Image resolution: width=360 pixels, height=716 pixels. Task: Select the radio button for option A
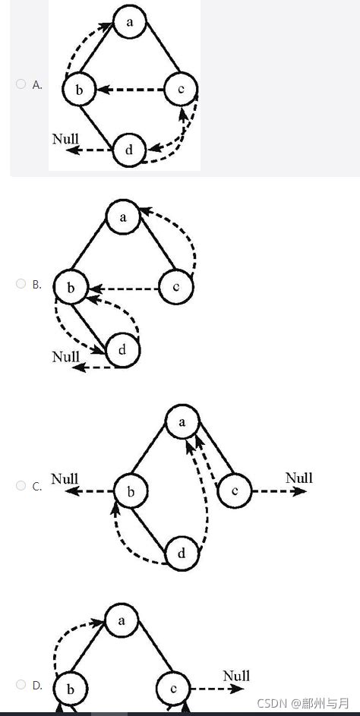(21, 84)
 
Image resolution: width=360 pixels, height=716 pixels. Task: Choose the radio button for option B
(21, 284)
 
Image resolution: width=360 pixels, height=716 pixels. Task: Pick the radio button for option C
(21, 486)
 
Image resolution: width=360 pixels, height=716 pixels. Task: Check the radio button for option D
(21, 684)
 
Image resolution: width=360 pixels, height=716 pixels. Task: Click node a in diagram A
(131, 22)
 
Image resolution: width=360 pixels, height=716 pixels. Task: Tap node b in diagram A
(79, 90)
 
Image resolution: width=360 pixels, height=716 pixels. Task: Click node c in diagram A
(181, 90)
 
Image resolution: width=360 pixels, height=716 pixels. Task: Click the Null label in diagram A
(65, 139)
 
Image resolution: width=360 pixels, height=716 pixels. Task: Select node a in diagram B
(122, 218)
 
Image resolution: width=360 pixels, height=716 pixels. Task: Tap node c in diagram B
(176, 288)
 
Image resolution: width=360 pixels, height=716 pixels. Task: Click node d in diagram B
(122, 351)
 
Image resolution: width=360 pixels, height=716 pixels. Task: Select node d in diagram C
(182, 554)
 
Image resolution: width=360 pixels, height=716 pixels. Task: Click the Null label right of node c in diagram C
(298, 478)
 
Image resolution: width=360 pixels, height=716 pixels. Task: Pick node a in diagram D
(121, 620)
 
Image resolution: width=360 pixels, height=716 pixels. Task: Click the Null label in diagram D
(236, 676)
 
